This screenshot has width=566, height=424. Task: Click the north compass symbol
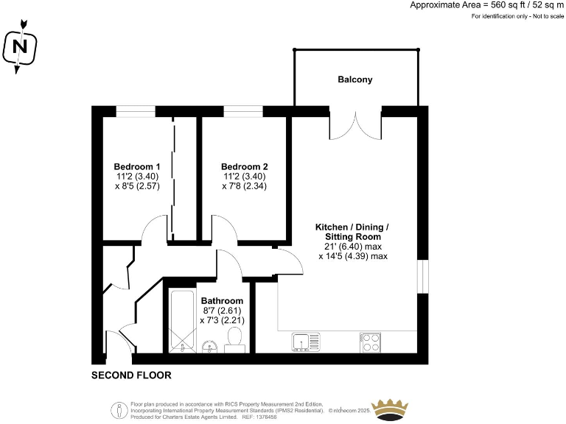pyautogui.click(x=21, y=47)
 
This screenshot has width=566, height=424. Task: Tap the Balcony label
pyautogui.click(x=355, y=79)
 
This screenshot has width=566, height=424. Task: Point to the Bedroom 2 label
pyautogui.click(x=244, y=166)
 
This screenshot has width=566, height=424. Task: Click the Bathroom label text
pyautogui.click(x=222, y=301)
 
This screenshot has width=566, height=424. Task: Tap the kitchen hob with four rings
pyautogui.click(x=371, y=342)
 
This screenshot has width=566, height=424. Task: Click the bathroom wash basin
pyautogui.click(x=209, y=344)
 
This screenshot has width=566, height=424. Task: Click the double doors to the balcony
pyautogui.click(x=356, y=125)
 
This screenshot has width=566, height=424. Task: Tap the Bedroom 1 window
pyautogui.click(x=136, y=111)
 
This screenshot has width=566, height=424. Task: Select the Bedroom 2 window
pyautogui.click(x=243, y=111)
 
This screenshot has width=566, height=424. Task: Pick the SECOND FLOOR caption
pyautogui.click(x=131, y=375)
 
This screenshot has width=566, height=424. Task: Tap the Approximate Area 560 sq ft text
pyautogui.click(x=486, y=5)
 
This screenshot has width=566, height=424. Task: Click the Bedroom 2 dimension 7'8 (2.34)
pyautogui.click(x=244, y=186)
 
